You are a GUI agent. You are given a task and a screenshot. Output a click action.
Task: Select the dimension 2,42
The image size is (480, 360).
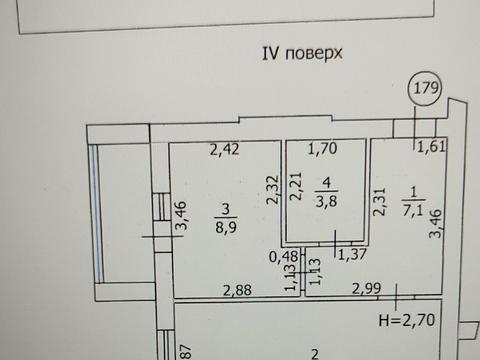pos(227,152)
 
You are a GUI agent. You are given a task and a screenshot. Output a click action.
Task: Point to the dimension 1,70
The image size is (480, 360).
pos(323,152)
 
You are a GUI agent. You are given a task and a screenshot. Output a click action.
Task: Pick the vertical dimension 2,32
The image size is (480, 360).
pos(273,190)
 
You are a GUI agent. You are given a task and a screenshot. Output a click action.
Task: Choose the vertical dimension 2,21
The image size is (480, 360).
pos(295,189)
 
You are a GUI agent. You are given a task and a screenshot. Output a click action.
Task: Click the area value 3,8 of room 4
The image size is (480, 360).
pos(325,198)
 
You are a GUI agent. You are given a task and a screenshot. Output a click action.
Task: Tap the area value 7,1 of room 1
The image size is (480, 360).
pos(414,209)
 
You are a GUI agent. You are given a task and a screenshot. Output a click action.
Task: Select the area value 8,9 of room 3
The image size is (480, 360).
pos(227,226)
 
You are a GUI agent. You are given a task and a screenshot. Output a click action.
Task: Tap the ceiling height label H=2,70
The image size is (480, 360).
pos(404,322)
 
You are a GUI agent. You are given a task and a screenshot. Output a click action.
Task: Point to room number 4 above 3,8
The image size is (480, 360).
pos(325,182)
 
